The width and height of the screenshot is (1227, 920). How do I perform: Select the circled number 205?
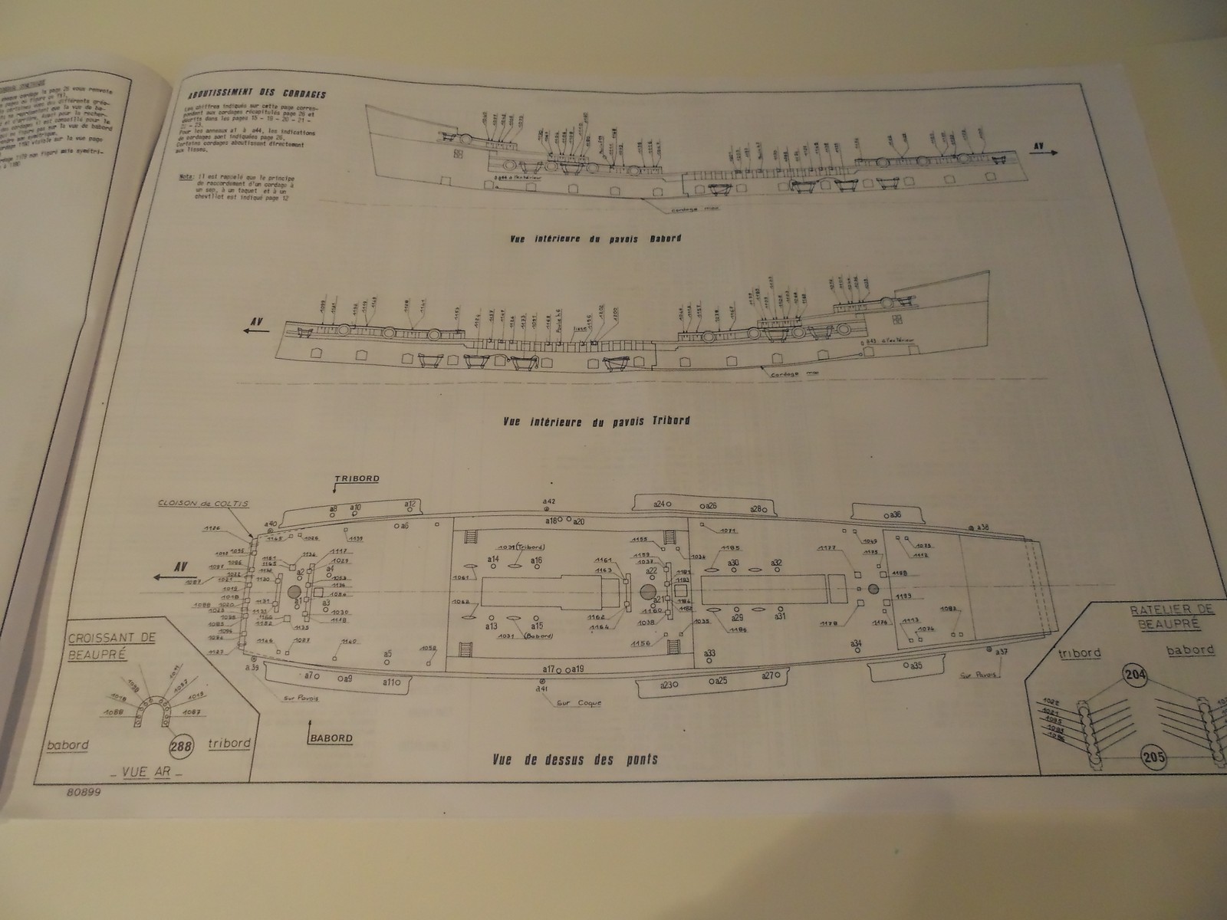click(1154, 757)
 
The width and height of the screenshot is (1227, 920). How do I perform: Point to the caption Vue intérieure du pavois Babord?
click(595, 238)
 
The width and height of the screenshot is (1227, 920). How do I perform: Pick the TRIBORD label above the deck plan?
click(357, 478)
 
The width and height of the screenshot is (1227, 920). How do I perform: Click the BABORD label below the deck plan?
click(331, 738)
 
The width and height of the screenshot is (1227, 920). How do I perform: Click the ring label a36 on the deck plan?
click(896, 514)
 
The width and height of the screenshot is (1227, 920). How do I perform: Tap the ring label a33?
click(710, 653)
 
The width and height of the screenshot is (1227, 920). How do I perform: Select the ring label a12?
click(410, 504)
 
